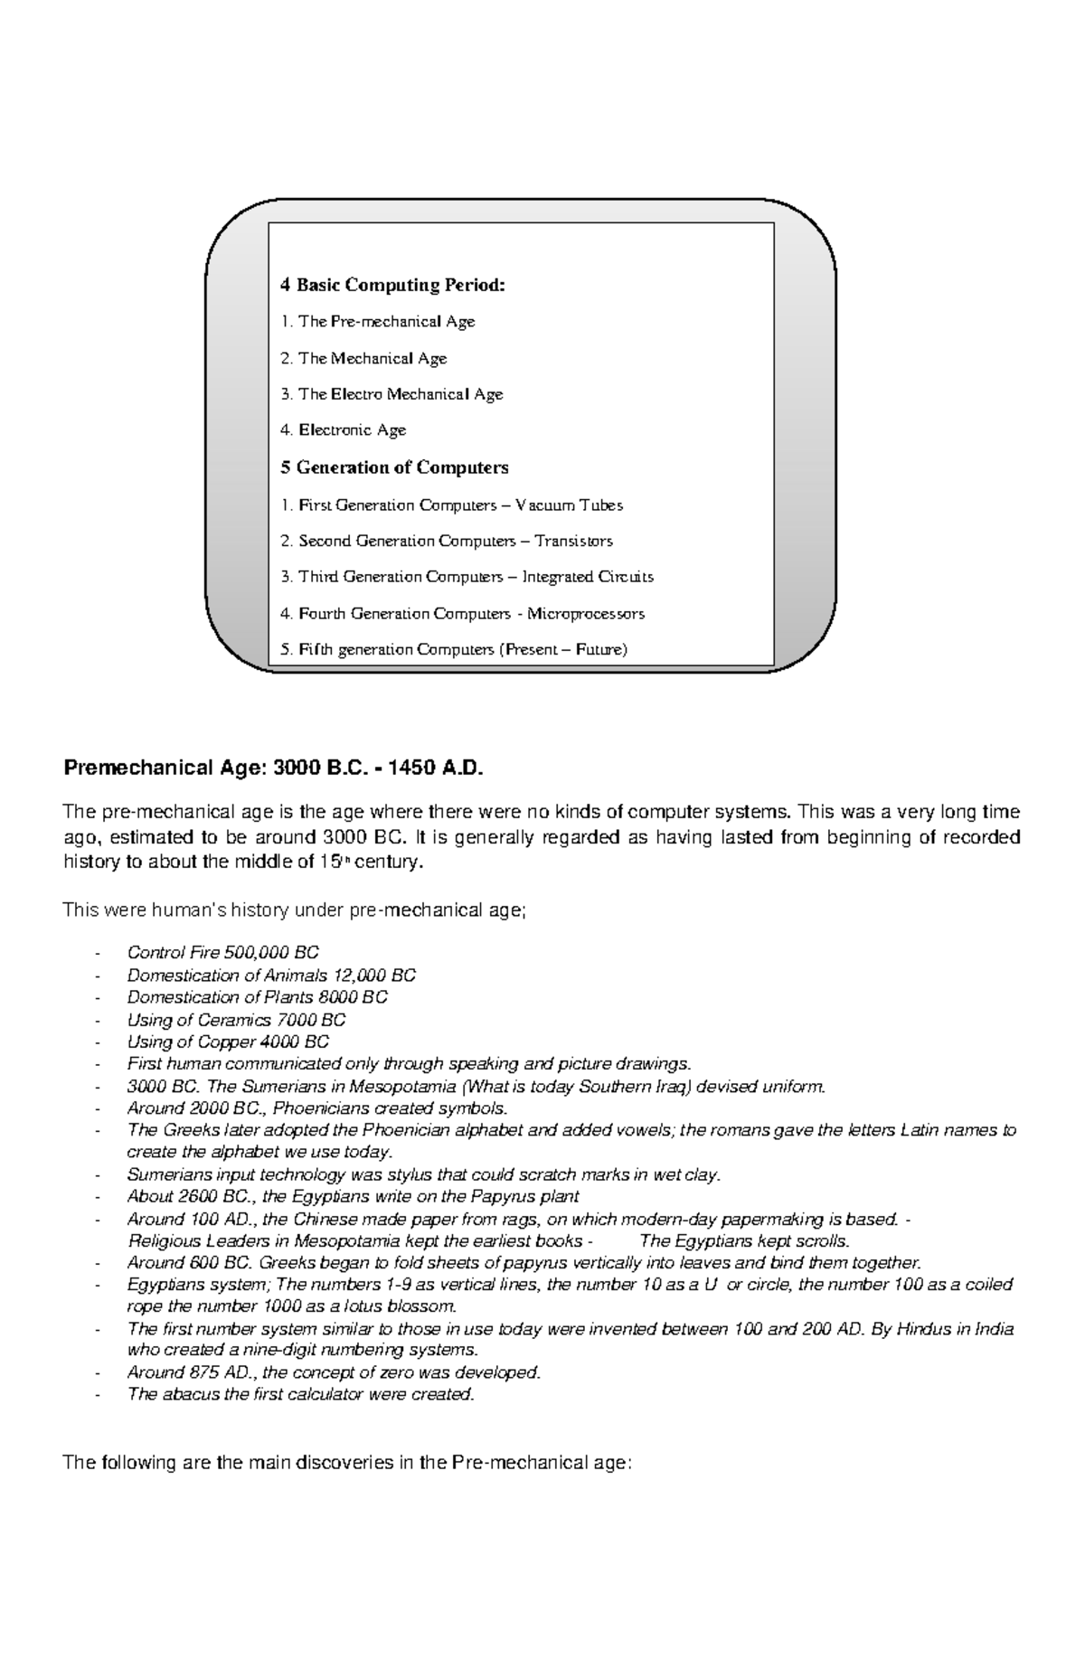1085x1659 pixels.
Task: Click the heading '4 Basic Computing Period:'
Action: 392,286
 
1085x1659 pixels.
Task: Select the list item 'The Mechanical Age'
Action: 372,358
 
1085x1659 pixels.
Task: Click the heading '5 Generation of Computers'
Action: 394,467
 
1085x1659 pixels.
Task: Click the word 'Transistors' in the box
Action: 573,542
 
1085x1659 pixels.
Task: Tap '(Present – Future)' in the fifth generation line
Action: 562,650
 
